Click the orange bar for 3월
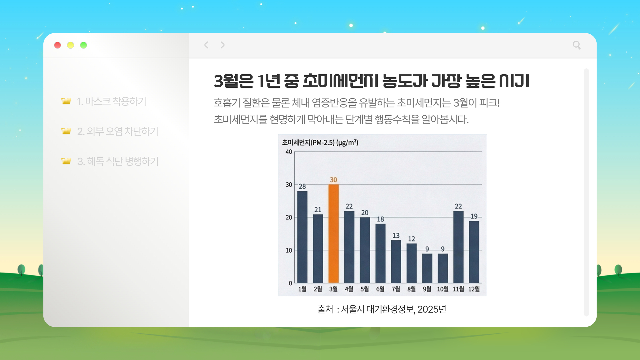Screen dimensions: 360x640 click(333, 233)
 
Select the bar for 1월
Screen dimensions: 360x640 click(302, 237)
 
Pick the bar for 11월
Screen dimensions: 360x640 click(458, 247)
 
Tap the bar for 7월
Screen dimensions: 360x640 click(396, 262)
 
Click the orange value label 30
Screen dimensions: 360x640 click(333, 180)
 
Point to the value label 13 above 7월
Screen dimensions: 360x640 click(396, 236)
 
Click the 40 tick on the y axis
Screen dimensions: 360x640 click(289, 152)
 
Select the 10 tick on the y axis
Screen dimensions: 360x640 click(289, 250)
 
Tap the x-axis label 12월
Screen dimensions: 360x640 click(474, 289)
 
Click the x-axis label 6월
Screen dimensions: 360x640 click(380, 289)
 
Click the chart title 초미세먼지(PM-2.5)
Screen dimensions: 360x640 click(320, 143)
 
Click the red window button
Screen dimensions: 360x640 click(57, 45)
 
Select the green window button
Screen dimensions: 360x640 click(83, 45)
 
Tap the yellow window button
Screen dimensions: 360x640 click(70, 45)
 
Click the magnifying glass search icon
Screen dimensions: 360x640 click(576, 45)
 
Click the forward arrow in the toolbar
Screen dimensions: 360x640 click(222, 45)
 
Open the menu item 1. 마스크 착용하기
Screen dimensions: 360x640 click(111, 101)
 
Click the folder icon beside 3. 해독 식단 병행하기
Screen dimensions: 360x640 click(66, 161)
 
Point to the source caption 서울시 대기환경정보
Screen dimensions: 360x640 click(382, 309)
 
